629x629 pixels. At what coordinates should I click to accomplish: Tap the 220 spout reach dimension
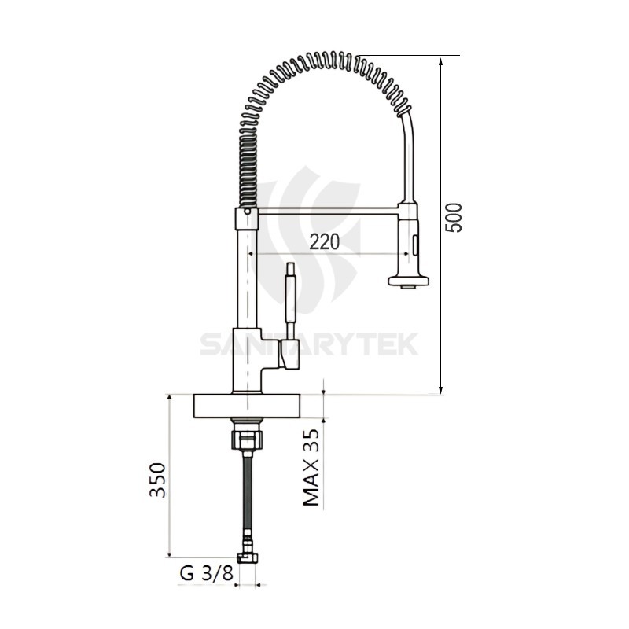(x=324, y=242)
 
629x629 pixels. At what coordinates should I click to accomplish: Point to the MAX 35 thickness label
(x=312, y=467)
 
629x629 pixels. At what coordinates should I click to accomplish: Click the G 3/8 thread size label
(x=207, y=573)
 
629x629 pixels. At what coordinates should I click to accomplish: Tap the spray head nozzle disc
(x=408, y=280)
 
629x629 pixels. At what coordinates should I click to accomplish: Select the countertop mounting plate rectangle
(x=247, y=406)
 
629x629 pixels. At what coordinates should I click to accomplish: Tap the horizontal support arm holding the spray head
(x=327, y=210)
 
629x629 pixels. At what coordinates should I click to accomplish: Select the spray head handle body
(x=409, y=240)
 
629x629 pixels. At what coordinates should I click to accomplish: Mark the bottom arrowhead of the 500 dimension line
(x=442, y=388)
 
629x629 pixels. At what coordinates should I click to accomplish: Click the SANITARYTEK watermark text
(x=308, y=344)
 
